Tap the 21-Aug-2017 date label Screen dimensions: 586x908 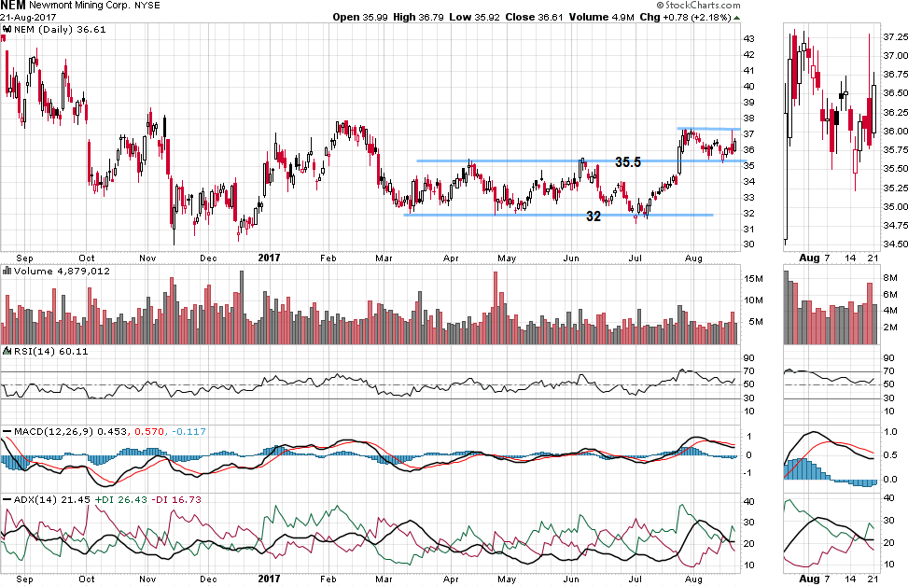pyautogui.click(x=21, y=18)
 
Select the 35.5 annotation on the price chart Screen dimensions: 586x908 pyautogui.click(x=627, y=161)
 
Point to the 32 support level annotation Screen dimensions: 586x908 pyautogui.click(x=593, y=216)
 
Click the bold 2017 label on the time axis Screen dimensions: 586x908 pyautogui.click(x=270, y=257)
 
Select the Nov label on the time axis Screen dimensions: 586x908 pyautogui.click(x=148, y=257)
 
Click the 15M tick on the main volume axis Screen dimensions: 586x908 pyautogui.click(x=752, y=279)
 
